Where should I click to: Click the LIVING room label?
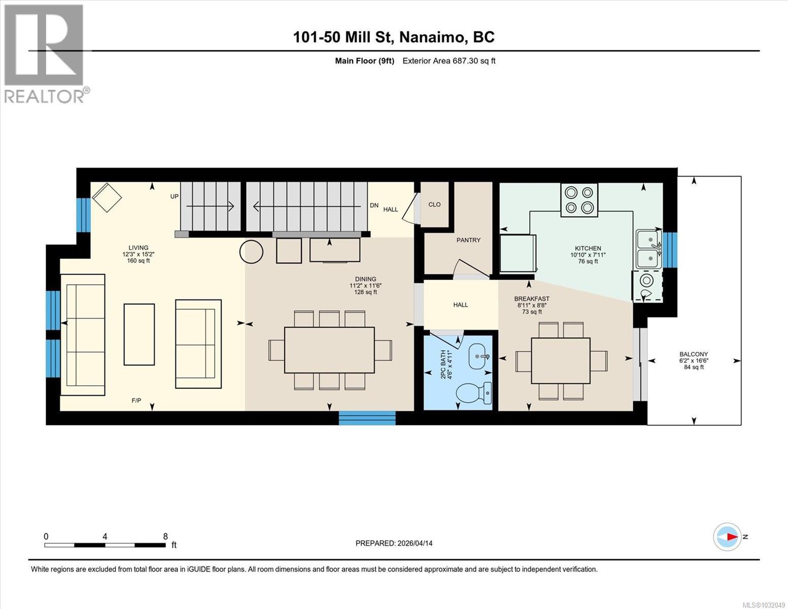tap(138, 248)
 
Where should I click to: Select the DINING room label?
tap(365, 279)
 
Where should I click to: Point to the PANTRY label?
tap(468, 240)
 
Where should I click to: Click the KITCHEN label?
tap(588, 249)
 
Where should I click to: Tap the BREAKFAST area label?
tap(532, 299)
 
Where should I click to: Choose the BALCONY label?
tap(694, 354)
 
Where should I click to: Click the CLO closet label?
tap(434, 205)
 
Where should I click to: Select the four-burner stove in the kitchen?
tap(579, 200)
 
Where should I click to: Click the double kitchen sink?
tap(649, 249)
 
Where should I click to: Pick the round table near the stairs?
tap(251, 252)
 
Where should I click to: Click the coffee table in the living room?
tap(139, 334)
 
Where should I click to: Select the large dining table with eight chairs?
tap(329, 350)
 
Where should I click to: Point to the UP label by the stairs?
tap(174, 196)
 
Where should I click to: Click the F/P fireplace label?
tap(136, 401)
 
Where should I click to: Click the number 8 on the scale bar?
tap(165, 536)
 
